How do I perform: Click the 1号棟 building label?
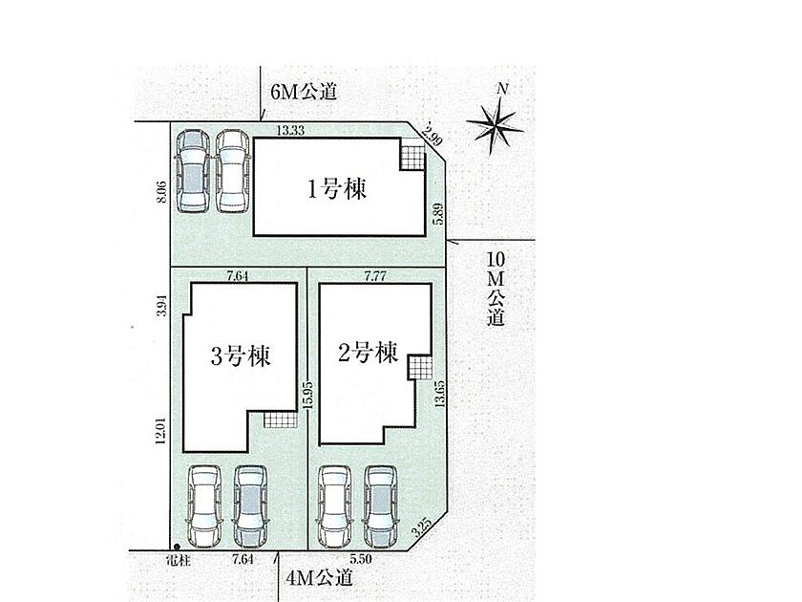pyautogui.click(x=336, y=189)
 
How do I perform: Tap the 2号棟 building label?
pyautogui.click(x=368, y=353)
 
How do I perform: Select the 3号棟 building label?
pyautogui.click(x=241, y=355)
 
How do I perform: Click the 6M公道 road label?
pyautogui.click(x=304, y=92)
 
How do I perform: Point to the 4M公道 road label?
pyautogui.click(x=320, y=578)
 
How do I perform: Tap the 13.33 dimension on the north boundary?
pyautogui.click(x=290, y=131)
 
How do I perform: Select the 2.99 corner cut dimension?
pyautogui.click(x=433, y=134)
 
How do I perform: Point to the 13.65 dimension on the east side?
pyautogui.click(x=439, y=393)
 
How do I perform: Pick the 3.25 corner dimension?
pyautogui.click(x=422, y=527)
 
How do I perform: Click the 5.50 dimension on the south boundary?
pyautogui.click(x=360, y=558)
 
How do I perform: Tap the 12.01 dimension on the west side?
pyautogui.click(x=160, y=431)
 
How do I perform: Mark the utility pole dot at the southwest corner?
pyautogui.click(x=177, y=547)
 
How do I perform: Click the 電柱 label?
pyautogui.click(x=179, y=561)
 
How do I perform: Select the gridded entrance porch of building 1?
pyautogui.click(x=412, y=156)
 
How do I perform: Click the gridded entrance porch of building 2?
pyautogui.click(x=419, y=368)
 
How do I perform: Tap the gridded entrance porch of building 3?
pyautogui.click(x=281, y=420)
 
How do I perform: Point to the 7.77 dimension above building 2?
pyautogui.click(x=375, y=276)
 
